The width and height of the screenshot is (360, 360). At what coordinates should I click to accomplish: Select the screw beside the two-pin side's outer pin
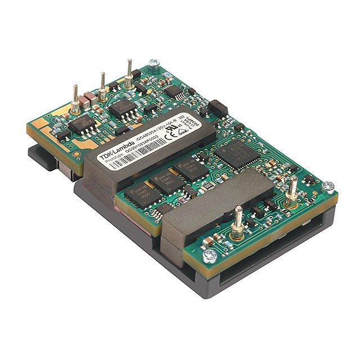tap(329, 186)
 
